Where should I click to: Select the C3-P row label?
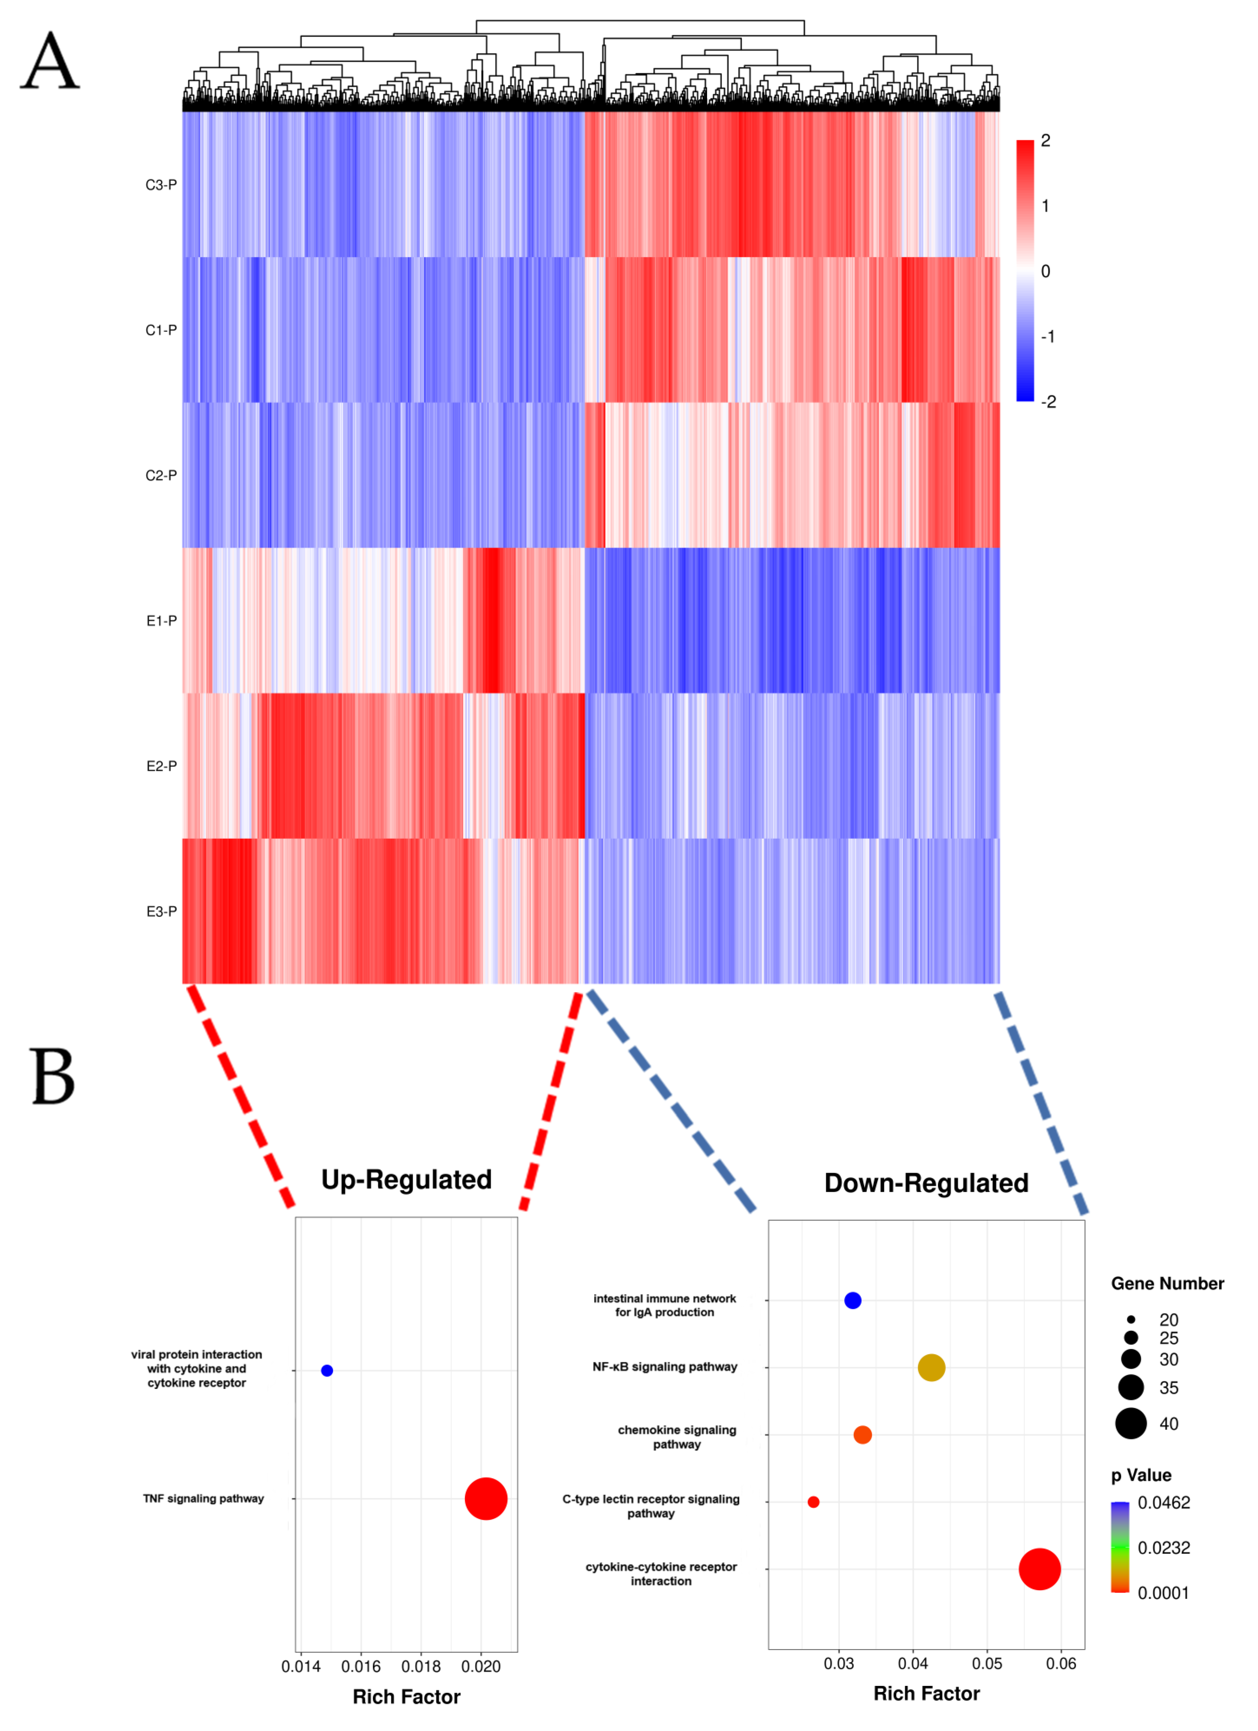click(161, 185)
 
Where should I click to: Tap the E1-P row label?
click(161, 620)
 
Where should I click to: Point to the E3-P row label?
click(161, 911)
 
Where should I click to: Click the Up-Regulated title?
click(406, 1179)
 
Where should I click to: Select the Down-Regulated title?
click(926, 1183)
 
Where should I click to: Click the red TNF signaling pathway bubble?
click(486, 1498)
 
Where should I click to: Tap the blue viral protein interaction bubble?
click(327, 1371)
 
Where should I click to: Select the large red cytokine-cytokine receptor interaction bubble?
click(1039, 1569)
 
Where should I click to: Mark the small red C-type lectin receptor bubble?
click(813, 1502)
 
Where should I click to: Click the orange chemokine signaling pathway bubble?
click(862, 1435)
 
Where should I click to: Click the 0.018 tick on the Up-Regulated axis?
click(420, 1666)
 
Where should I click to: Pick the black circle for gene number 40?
click(1130, 1423)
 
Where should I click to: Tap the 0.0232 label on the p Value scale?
click(1163, 1548)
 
